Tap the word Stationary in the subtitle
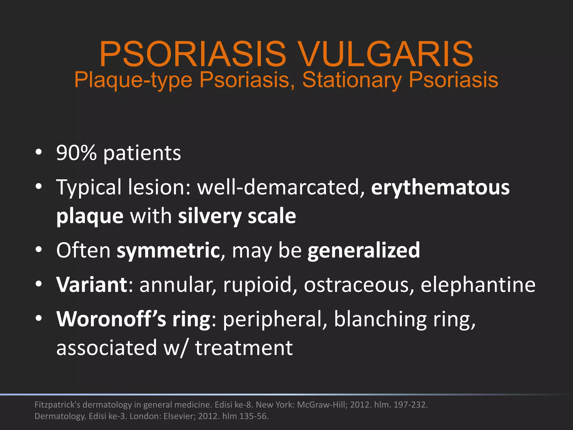[x=352, y=80]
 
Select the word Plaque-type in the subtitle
[x=133, y=80]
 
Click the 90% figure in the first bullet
[x=76, y=153]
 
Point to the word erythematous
[x=440, y=187]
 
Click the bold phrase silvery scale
[x=237, y=216]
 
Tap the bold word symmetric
[x=168, y=250]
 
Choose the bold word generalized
[x=363, y=250]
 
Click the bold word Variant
[x=92, y=285]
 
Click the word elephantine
[x=478, y=285]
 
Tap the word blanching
[x=380, y=319]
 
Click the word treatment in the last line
[x=244, y=348]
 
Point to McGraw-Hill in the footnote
[x=322, y=405]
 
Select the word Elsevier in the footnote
[x=179, y=416]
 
